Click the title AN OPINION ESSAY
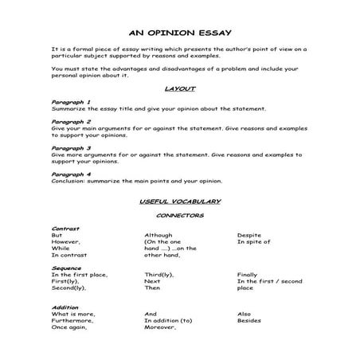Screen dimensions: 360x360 click(179, 33)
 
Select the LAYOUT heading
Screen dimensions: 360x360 click(179, 89)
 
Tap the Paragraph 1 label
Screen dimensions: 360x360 click(71, 102)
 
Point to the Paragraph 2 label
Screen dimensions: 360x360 click(71, 122)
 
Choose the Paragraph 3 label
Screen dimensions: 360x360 click(71, 147)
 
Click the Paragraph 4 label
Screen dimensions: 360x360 click(71, 173)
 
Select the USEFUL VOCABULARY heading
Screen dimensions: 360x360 click(179, 201)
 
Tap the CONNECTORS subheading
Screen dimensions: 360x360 click(179, 215)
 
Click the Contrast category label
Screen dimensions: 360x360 click(65, 229)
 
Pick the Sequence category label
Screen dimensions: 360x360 click(67, 268)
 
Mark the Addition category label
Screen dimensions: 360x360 click(65, 307)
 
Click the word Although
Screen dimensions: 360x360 click(158, 235)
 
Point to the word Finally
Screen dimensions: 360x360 click(248, 274)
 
